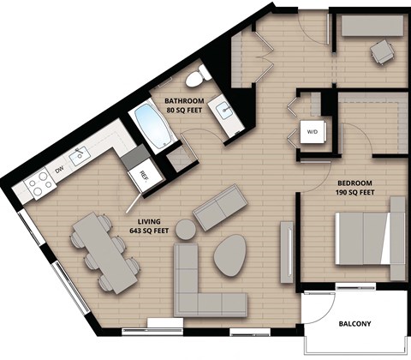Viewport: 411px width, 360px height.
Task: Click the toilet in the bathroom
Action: click(198, 77)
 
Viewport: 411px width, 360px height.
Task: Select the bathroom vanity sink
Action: click(224, 111)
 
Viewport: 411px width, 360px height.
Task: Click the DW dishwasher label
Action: click(59, 171)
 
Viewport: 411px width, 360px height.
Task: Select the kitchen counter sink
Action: click(83, 154)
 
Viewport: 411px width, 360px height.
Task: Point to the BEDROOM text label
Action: click(354, 183)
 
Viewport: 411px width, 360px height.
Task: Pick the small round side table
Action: click(184, 229)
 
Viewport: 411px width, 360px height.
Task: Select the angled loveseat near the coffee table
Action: click(220, 209)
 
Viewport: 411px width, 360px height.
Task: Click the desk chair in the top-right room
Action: click(380, 54)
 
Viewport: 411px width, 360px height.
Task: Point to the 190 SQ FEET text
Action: click(354, 193)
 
